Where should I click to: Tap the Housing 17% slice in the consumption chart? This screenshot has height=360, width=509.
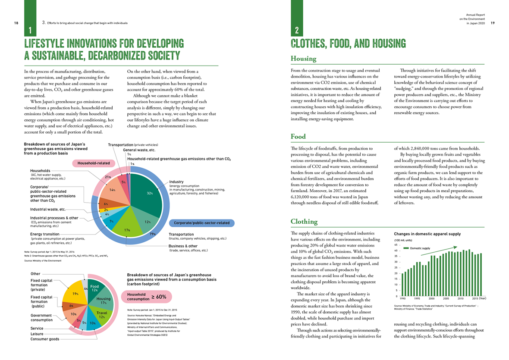[x=104, y=301]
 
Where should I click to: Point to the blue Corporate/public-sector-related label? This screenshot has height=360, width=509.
[x=201, y=223]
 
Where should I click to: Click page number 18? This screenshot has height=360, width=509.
[x=16, y=23]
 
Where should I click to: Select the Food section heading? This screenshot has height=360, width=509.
[x=298, y=137]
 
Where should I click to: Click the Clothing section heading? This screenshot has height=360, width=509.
[x=304, y=222]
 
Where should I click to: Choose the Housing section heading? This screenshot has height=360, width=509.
[x=303, y=59]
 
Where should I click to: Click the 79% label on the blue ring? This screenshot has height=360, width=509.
[x=152, y=234]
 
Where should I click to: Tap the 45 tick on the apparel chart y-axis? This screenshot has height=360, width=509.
[x=397, y=245]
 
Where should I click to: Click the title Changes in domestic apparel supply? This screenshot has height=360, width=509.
[x=427, y=234]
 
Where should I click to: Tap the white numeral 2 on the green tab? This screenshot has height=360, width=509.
[x=297, y=31]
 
